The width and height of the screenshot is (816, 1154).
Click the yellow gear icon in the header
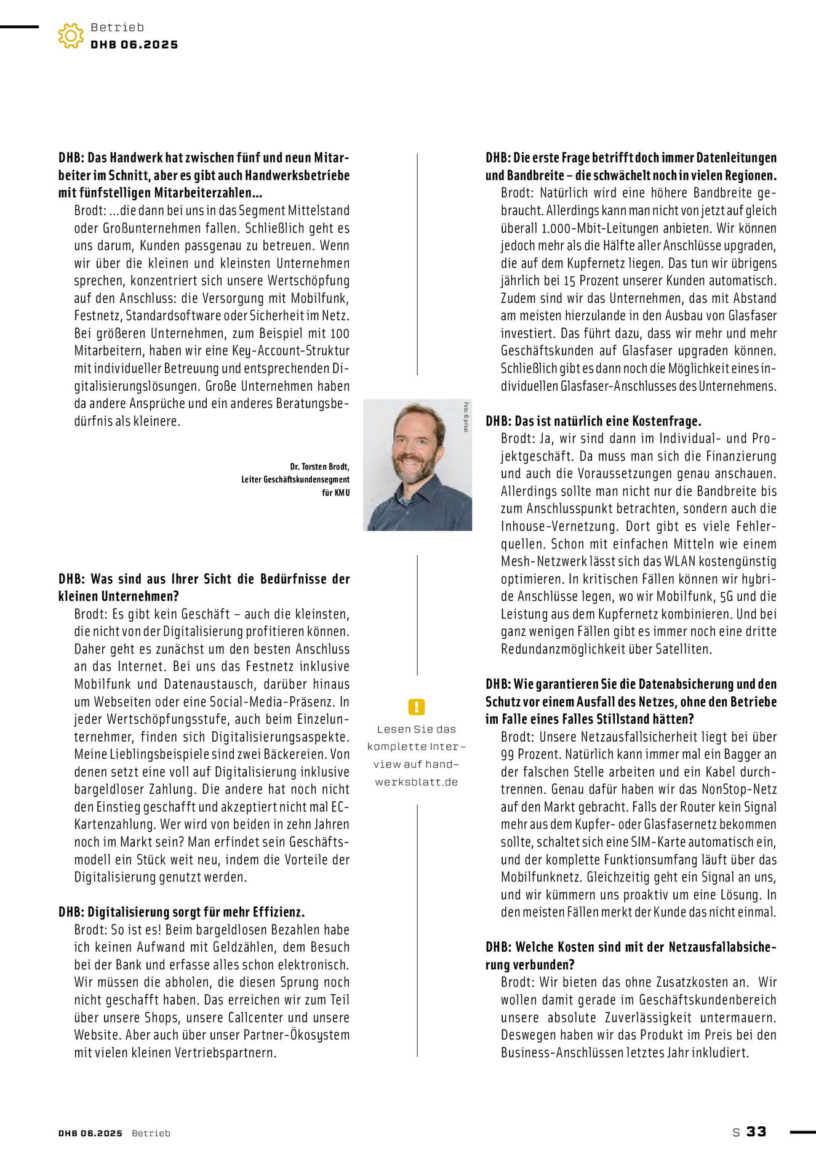[71, 36]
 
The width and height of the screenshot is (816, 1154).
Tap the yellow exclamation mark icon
[417, 707]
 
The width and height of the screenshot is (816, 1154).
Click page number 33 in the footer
[756, 1131]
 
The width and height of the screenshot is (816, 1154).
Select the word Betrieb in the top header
[117, 27]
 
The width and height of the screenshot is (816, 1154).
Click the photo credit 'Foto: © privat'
[466, 417]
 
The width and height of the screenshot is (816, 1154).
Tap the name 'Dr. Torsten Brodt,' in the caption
[319, 467]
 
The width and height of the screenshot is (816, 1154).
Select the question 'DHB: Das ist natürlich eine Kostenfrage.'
[593, 421]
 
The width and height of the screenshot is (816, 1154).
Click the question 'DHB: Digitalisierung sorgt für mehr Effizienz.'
[182, 912]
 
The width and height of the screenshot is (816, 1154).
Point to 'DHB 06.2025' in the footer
[90, 1133]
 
